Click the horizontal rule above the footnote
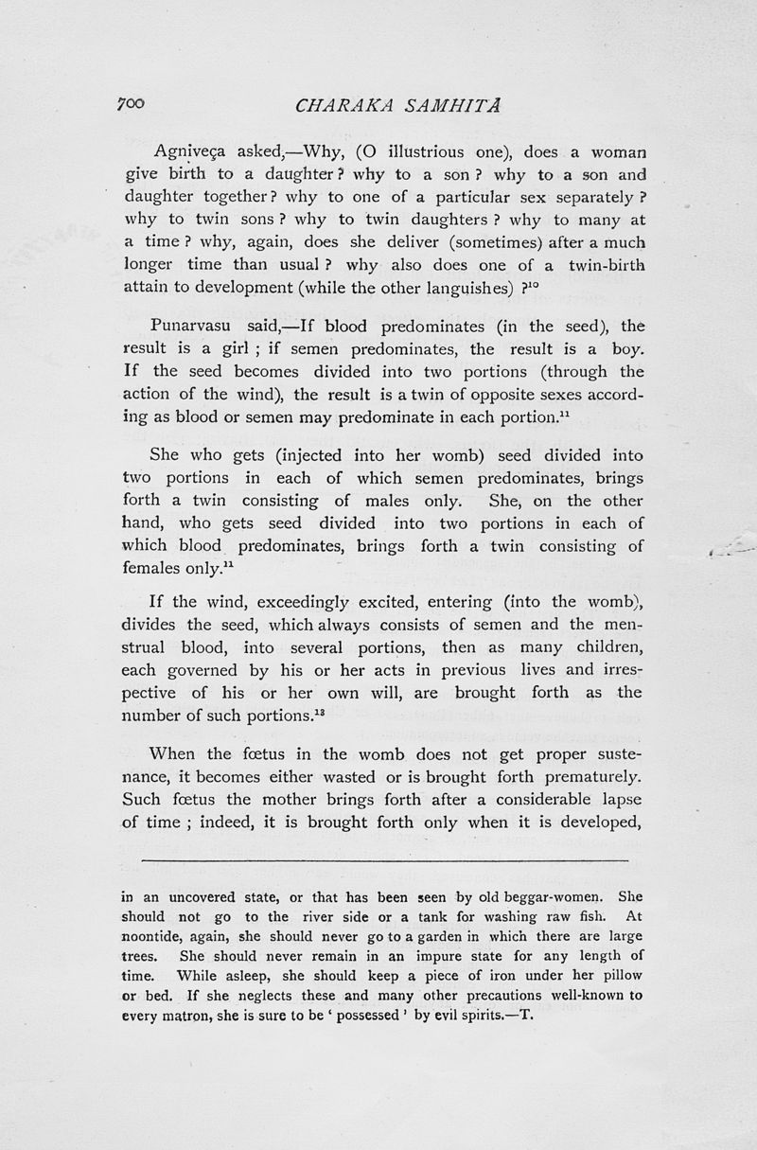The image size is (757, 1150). click(x=384, y=859)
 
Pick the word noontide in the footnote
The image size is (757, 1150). click(x=152, y=937)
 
